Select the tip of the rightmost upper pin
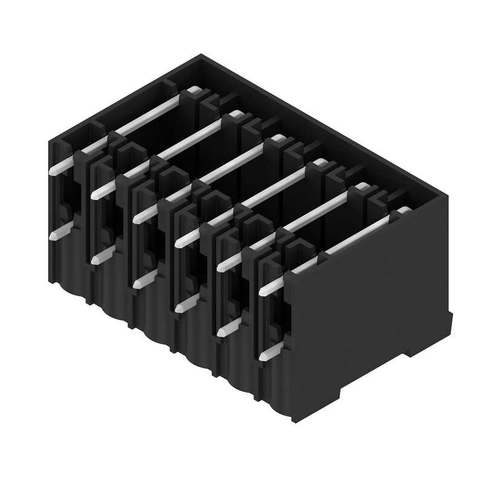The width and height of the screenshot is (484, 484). pos(263,291)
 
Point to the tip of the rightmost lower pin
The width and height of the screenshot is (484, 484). pos(262,357)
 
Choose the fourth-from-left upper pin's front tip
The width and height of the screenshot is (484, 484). pos(178,243)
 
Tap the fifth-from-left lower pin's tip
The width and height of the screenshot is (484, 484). pos(220,332)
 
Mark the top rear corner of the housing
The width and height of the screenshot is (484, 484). pos(200,56)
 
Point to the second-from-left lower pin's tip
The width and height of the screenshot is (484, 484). pos(95,260)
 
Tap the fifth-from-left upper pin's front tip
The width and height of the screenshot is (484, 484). pos(220,267)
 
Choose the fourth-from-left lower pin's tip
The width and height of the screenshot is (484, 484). pos(178,309)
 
